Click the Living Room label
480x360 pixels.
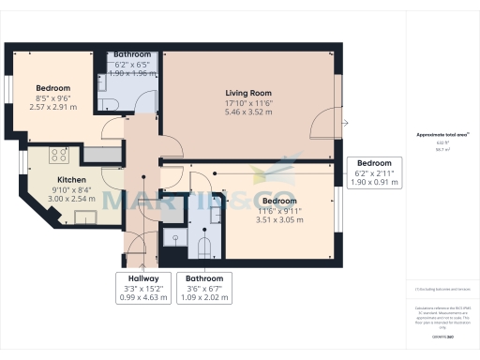(x=247, y=93)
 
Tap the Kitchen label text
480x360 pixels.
(x=72, y=180)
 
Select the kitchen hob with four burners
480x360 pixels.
(x=58, y=155)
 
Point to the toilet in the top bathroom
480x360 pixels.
(x=106, y=103)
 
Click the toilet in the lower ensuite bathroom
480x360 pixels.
(x=204, y=246)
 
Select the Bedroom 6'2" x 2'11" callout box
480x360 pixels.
(x=374, y=173)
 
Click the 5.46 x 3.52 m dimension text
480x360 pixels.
(x=247, y=112)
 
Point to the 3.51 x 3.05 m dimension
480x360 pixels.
(x=279, y=221)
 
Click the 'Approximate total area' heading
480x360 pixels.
(x=435, y=135)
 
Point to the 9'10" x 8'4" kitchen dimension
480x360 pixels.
(x=72, y=190)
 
